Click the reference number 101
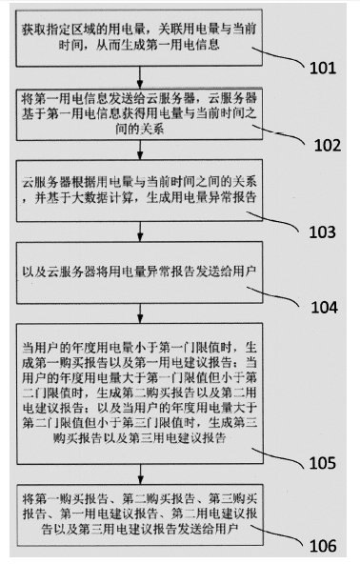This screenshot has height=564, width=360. [322, 68]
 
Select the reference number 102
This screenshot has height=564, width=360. [321, 148]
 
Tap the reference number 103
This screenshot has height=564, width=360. [321, 231]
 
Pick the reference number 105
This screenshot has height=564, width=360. [321, 464]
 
